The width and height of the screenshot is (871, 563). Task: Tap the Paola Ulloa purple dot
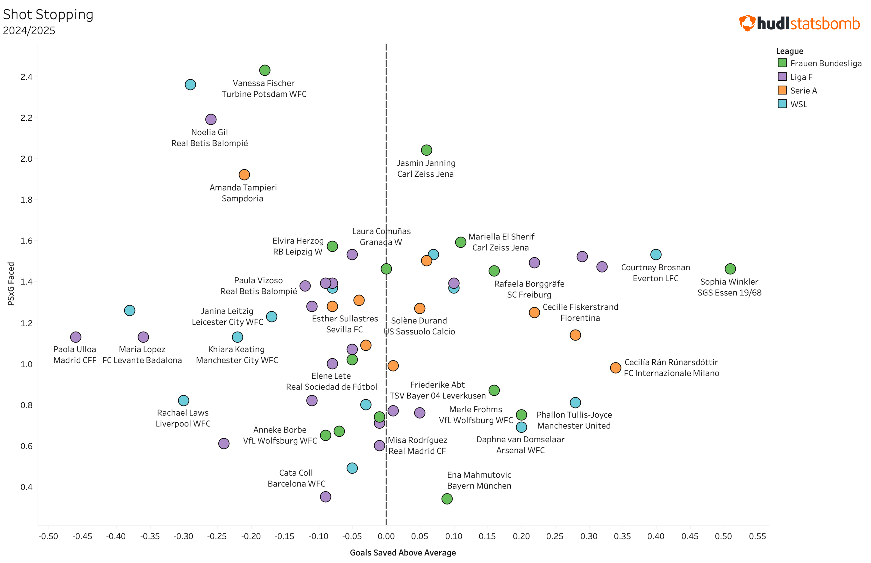[x=75, y=337]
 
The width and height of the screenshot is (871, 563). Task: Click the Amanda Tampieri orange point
[x=244, y=174]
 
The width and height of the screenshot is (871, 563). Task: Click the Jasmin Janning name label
[x=426, y=163]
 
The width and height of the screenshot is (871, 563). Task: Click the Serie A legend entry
[x=803, y=90]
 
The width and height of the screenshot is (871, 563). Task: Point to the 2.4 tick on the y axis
[x=26, y=77]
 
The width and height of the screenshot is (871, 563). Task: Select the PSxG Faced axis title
[x=11, y=284]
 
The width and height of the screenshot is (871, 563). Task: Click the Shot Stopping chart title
[x=48, y=15]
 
